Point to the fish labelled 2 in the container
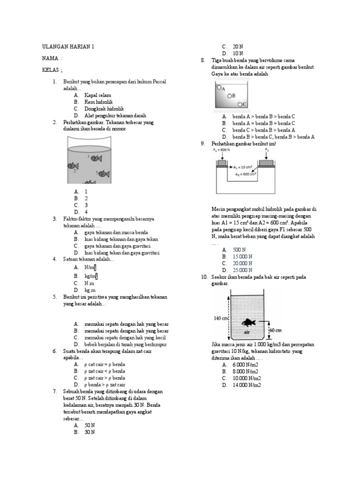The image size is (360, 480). point(73,165)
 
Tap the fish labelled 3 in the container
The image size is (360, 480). point(104,173)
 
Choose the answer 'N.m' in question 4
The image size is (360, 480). point(89,284)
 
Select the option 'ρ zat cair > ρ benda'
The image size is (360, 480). point(105,378)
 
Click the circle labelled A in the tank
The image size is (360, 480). point(219,87)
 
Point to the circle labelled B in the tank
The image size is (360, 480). point(230,96)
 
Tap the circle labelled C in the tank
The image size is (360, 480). point(240,104)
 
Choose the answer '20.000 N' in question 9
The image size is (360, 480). point(242,263)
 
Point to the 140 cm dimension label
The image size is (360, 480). point(220,318)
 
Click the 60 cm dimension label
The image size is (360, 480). point(275,330)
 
